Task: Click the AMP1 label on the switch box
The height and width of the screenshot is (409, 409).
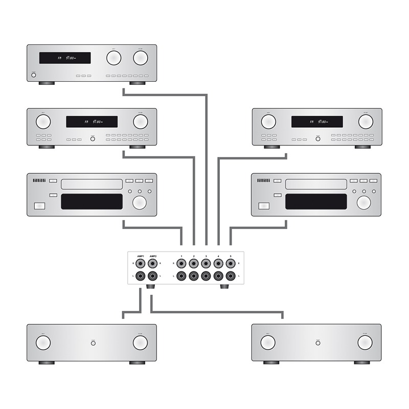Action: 141,256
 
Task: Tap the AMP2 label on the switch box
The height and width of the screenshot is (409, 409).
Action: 153,256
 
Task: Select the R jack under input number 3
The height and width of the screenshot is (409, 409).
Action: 206,264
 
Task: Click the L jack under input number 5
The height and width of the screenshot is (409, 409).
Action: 231,276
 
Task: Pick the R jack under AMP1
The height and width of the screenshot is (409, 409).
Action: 141,264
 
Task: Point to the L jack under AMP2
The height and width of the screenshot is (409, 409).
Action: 153,276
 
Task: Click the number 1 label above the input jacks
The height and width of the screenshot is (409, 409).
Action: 181,256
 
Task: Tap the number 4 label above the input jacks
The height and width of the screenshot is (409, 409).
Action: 218,256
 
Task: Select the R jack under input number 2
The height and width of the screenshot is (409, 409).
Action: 194,264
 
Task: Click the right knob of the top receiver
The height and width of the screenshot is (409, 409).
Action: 141,58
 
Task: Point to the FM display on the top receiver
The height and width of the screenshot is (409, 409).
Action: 65,58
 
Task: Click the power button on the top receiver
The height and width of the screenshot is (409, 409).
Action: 34,75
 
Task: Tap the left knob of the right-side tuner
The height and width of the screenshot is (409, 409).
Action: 268,122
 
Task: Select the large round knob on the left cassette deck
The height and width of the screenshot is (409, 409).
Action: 139,202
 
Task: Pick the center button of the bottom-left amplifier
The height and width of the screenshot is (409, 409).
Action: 93,343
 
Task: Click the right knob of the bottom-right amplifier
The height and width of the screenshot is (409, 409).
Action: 365,343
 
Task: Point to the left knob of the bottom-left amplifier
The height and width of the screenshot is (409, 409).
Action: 43,343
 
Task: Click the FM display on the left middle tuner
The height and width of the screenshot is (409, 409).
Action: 92,122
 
